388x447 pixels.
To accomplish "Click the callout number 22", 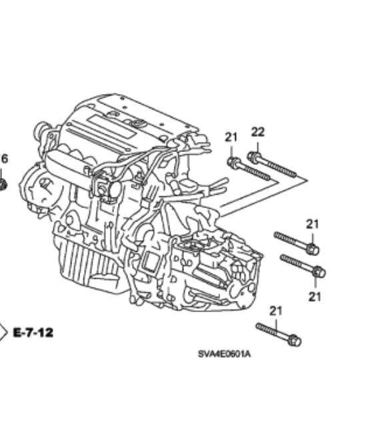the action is [258, 132].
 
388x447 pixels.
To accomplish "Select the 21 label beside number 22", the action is [231, 137].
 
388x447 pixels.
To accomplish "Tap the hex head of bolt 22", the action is [253, 157].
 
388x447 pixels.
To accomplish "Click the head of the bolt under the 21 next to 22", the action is [233, 163].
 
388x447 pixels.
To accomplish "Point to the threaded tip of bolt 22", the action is [294, 174].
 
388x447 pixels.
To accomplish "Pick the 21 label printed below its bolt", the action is [315, 297].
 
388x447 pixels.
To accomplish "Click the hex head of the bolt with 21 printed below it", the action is [319, 272].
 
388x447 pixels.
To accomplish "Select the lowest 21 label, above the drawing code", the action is [275, 311].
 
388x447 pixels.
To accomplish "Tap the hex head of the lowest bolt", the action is [294, 340].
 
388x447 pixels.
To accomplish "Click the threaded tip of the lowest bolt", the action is [259, 326].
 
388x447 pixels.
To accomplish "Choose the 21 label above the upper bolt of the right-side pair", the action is [312, 224].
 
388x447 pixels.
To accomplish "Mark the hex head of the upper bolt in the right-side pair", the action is [312, 249].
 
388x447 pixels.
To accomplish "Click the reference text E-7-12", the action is [33, 332].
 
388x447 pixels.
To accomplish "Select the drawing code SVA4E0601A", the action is [225, 354].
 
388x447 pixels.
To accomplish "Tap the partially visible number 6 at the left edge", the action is [4, 159].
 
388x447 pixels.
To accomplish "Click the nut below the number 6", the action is [3, 185].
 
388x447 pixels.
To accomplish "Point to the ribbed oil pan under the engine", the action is [85, 262].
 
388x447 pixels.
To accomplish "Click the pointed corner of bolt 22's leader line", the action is [307, 180].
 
